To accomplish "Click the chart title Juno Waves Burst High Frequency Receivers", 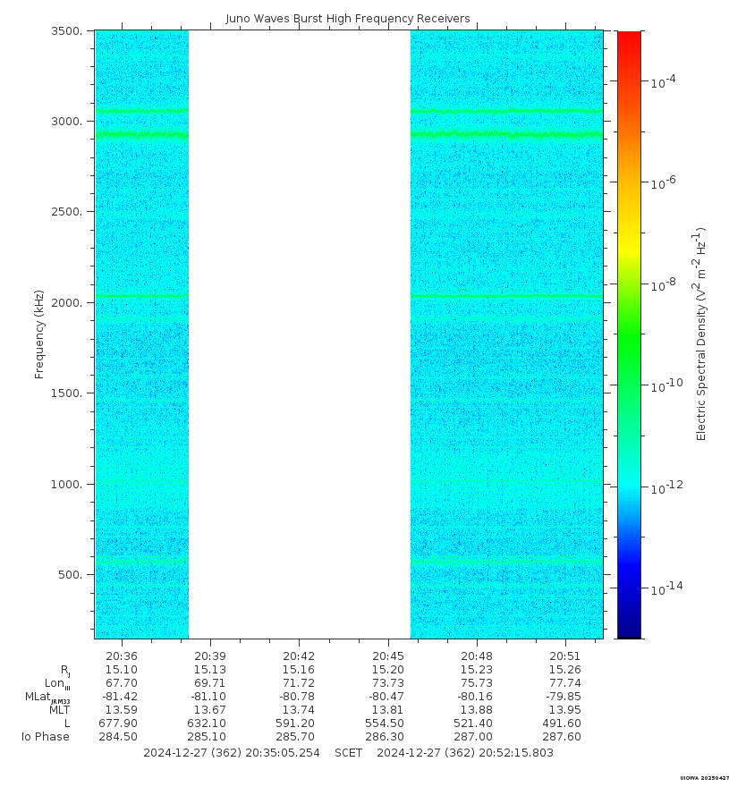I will pyautogui.click(x=348, y=18).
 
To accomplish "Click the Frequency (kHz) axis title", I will pyautogui.click(x=39, y=334).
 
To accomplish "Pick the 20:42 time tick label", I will pyautogui.click(x=299, y=656).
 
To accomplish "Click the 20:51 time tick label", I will pyautogui.click(x=564, y=656).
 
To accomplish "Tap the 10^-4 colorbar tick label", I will pyautogui.click(x=663, y=81).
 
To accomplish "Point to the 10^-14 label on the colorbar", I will pyautogui.click(x=665, y=588).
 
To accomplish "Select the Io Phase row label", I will pyautogui.click(x=46, y=737).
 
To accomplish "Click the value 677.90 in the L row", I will pyautogui.click(x=118, y=724).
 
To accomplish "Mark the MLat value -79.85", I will pyautogui.click(x=564, y=697).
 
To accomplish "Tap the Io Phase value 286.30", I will pyautogui.click(x=387, y=737).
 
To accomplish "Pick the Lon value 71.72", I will pyautogui.click(x=299, y=683).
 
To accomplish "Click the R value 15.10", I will pyautogui.click(x=122, y=670).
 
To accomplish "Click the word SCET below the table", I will pyautogui.click(x=348, y=753).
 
